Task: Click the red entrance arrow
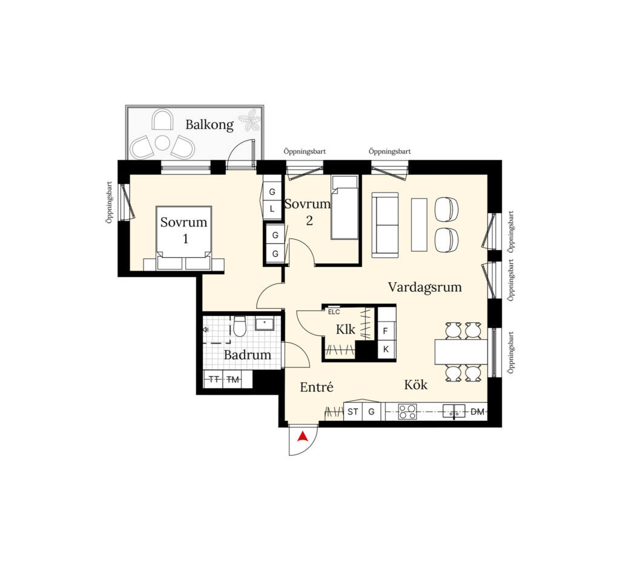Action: coord(303,436)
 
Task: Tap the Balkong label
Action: coord(209,125)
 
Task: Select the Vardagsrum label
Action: coord(424,287)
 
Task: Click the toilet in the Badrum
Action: coord(240,326)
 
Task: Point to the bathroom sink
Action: coord(264,324)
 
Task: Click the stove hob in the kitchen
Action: coord(407,411)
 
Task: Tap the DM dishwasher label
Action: coord(478,412)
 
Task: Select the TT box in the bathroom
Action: coord(214,379)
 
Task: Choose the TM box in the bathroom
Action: coord(233,379)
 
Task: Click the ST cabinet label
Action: coord(353,412)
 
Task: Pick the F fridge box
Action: coord(386,331)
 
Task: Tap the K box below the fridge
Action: coord(386,349)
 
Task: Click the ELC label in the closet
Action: coord(334,312)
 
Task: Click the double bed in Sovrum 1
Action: coord(184,238)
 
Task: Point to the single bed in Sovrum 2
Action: coord(345,207)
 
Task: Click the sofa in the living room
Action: coord(385,225)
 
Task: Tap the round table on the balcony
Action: coord(162,143)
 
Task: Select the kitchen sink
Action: coord(453,411)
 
